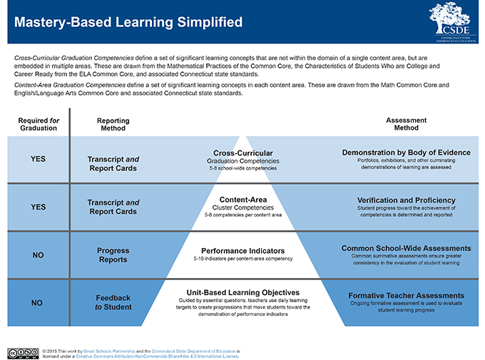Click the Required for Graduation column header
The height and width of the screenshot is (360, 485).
[34, 124]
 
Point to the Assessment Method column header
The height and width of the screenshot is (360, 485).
[406, 124]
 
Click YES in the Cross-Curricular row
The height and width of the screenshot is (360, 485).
[35, 158]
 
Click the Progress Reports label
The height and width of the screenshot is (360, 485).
[113, 254]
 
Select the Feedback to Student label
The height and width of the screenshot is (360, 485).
[113, 302]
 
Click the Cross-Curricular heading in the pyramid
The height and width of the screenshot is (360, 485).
[242, 153]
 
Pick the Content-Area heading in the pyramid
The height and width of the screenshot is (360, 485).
[243, 199]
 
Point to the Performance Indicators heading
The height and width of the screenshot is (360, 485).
[242, 251]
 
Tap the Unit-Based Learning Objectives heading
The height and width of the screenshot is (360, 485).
[243, 292]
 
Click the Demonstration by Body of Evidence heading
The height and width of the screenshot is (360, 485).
[406, 152]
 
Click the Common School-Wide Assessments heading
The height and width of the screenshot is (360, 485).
[406, 248]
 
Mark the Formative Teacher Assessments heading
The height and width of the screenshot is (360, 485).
[406, 295]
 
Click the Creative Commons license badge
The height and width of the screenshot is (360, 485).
[22, 352]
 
